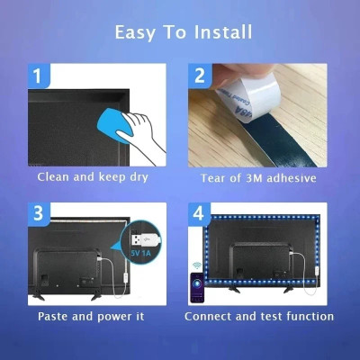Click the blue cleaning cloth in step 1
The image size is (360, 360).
tap(119, 122)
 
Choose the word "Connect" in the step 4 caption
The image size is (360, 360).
tap(212, 317)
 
